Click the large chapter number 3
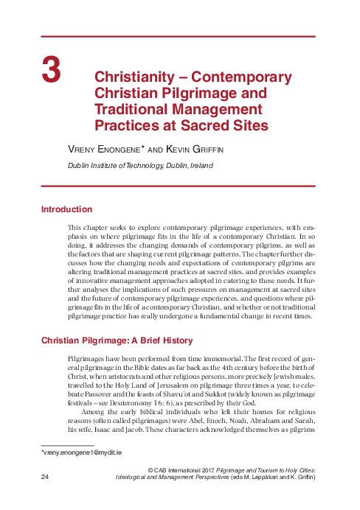(x=51, y=70)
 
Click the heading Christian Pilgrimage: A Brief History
(x=117, y=340)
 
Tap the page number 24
(x=46, y=478)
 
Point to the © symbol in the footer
(x=150, y=469)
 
